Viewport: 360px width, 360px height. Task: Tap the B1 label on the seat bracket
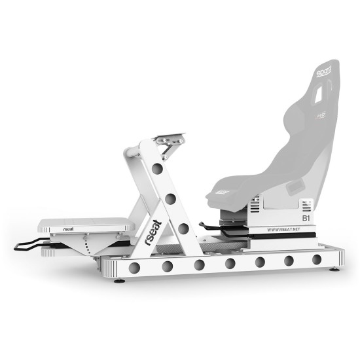coord(304,217)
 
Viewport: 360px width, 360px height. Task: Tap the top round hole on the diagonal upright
coord(156,169)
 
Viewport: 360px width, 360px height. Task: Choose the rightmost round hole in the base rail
coord(317,259)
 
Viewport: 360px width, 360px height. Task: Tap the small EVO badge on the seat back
coord(321,114)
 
